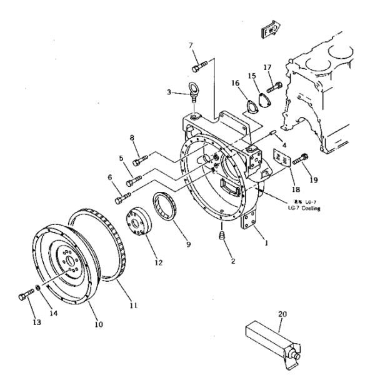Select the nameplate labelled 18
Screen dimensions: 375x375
pos(281,159)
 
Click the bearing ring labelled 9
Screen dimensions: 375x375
pos(167,207)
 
